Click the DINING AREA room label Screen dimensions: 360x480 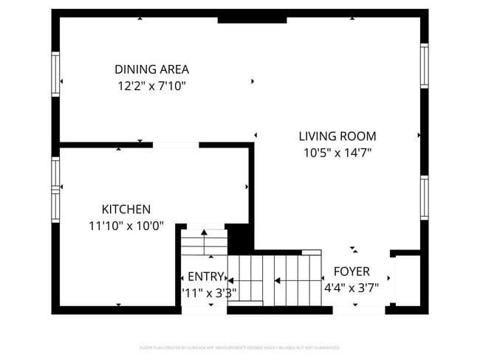151,69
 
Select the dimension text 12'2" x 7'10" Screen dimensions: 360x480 151,86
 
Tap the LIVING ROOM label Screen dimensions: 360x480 337,136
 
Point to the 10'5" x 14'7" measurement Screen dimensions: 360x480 337,153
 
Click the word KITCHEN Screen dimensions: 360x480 126,210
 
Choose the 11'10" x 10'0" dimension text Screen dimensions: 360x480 126,226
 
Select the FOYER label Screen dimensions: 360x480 352,271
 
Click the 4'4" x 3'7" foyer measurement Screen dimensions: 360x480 352,288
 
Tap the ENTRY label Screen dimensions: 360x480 205,277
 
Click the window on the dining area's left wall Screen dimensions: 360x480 55,74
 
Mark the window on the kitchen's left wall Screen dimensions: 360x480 55,190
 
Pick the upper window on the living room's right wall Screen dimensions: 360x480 424,66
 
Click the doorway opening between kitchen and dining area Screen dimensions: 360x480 175,145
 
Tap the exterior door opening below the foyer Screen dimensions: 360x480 358,310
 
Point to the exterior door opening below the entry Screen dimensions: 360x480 204,310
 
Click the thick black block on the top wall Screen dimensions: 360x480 252,18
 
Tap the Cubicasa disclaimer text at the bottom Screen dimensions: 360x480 239,347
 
